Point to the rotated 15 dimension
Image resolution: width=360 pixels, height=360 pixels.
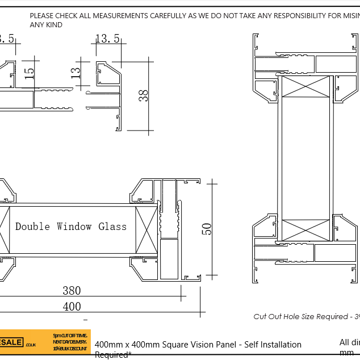(30, 74)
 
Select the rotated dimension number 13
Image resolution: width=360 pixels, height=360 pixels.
(76, 72)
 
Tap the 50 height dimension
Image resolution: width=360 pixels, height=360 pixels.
(208, 228)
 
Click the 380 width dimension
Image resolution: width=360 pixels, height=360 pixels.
(72, 291)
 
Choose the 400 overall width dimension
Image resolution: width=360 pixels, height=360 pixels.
(72, 307)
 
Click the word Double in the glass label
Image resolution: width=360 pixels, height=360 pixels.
(33, 227)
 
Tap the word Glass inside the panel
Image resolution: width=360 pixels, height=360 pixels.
(112, 227)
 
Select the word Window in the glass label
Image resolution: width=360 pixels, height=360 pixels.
(74, 227)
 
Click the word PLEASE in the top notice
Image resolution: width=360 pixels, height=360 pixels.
(43, 16)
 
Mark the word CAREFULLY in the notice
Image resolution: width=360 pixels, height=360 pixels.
(171, 16)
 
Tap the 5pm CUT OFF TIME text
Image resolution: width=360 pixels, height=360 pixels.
(70, 336)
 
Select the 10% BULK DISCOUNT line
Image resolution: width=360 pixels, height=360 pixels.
(70, 349)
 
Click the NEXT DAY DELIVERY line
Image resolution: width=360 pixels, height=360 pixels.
(70, 342)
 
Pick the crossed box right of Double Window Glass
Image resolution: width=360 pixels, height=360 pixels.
(146, 227)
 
